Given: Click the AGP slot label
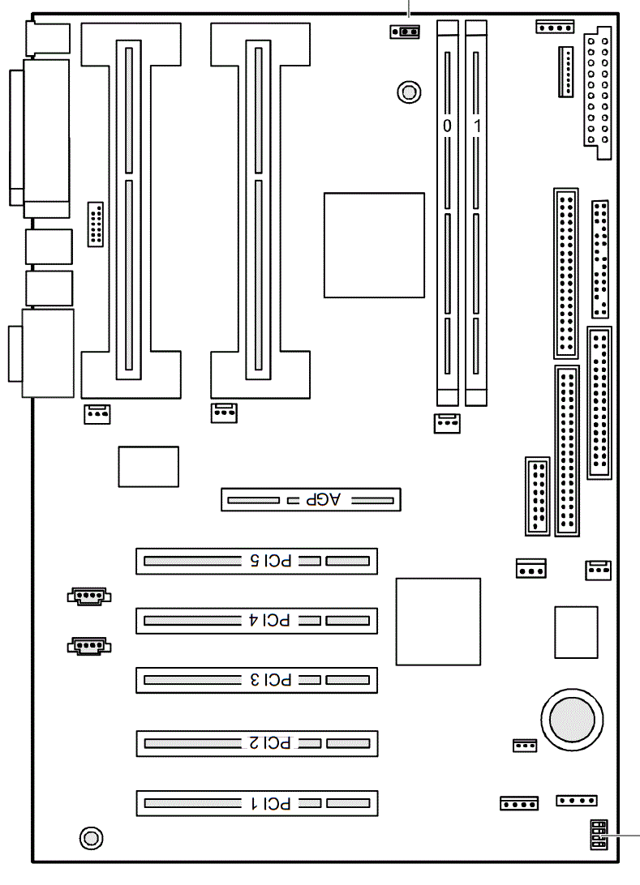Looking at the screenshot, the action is click(x=323, y=499).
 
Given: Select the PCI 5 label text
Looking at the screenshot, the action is click(x=271, y=561).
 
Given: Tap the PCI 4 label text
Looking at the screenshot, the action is click(x=269, y=620).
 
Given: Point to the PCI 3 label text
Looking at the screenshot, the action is click(x=271, y=680).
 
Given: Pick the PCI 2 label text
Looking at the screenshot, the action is click(x=270, y=743).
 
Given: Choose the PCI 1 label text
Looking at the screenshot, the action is click(x=271, y=803).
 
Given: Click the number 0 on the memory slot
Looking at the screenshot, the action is click(x=448, y=126).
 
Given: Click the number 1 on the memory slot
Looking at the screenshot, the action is click(x=477, y=126).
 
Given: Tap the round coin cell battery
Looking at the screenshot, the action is click(x=572, y=720).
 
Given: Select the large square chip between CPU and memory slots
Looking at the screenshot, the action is click(x=374, y=245).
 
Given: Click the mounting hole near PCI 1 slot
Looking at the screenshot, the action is click(x=91, y=838).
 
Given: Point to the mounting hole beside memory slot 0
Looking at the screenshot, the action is click(x=409, y=92).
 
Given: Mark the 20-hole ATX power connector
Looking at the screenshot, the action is click(x=598, y=93).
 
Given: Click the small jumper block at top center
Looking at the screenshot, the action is click(x=405, y=32).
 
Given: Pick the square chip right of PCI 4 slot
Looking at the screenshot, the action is click(x=438, y=622).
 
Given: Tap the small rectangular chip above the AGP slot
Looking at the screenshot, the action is click(x=148, y=467).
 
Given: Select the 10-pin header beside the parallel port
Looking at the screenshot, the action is click(x=96, y=224).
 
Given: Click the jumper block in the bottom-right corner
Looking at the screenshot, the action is click(x=599, y=835).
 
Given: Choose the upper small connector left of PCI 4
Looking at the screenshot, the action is click(x=89, y=596).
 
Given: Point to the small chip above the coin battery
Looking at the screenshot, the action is click(x=576, y=632).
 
